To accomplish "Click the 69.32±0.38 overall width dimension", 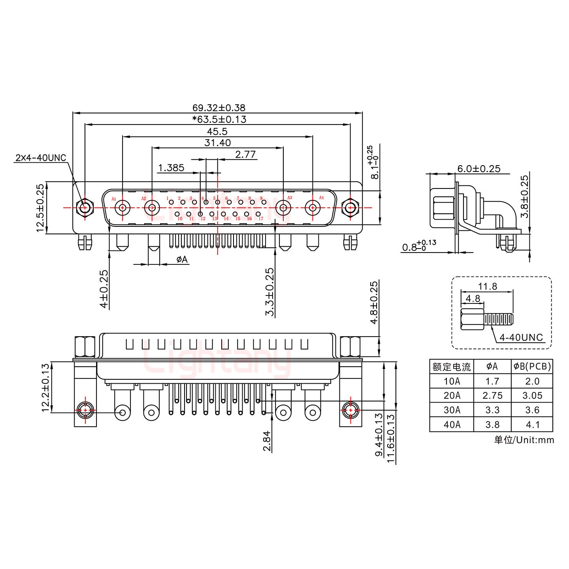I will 219,107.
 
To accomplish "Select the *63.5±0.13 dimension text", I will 219,119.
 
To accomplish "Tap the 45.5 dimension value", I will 217,132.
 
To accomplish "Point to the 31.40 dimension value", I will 217,143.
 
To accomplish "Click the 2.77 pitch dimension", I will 245,154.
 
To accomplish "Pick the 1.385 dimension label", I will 171,168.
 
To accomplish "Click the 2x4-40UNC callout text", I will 41,158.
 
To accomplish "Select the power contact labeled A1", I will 123,207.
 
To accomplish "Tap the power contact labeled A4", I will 313,207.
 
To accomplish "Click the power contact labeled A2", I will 152,207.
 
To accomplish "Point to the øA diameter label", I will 182,260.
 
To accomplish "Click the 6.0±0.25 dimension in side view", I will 479,169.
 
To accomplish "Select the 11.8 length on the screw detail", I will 487,286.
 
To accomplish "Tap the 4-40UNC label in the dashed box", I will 521,337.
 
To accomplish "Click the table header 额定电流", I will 451,367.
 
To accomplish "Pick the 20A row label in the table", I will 451,396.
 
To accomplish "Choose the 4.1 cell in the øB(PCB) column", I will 532,424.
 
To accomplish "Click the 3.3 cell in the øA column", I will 492,410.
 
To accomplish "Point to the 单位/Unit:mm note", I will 524,440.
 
